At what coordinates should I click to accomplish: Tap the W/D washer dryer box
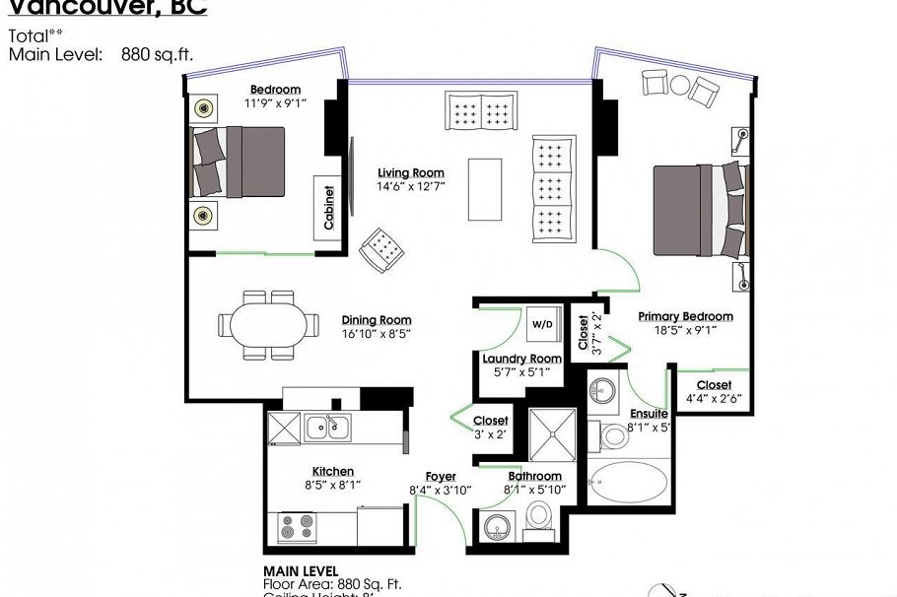point(542,324)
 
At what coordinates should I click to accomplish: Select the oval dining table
point(268,324)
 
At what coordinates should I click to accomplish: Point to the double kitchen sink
point(327,427)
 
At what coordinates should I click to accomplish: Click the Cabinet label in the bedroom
point(328,208)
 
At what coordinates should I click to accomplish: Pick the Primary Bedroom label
point(685,316)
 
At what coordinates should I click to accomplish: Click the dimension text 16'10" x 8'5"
point(376,334)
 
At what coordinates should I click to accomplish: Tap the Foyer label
point(440,477)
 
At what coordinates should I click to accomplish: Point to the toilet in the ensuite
point(614,434)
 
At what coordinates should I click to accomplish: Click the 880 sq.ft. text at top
point(157,54)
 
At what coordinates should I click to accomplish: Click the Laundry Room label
point(521,359)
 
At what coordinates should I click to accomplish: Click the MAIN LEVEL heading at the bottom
point(301,571)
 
